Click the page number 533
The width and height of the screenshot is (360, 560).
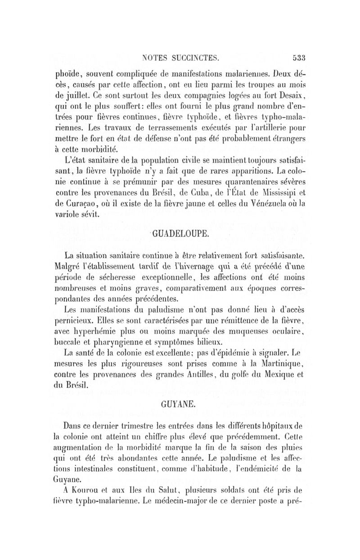(x=298, y=58)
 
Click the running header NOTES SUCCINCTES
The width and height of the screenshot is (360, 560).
(x=180, y=58)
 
